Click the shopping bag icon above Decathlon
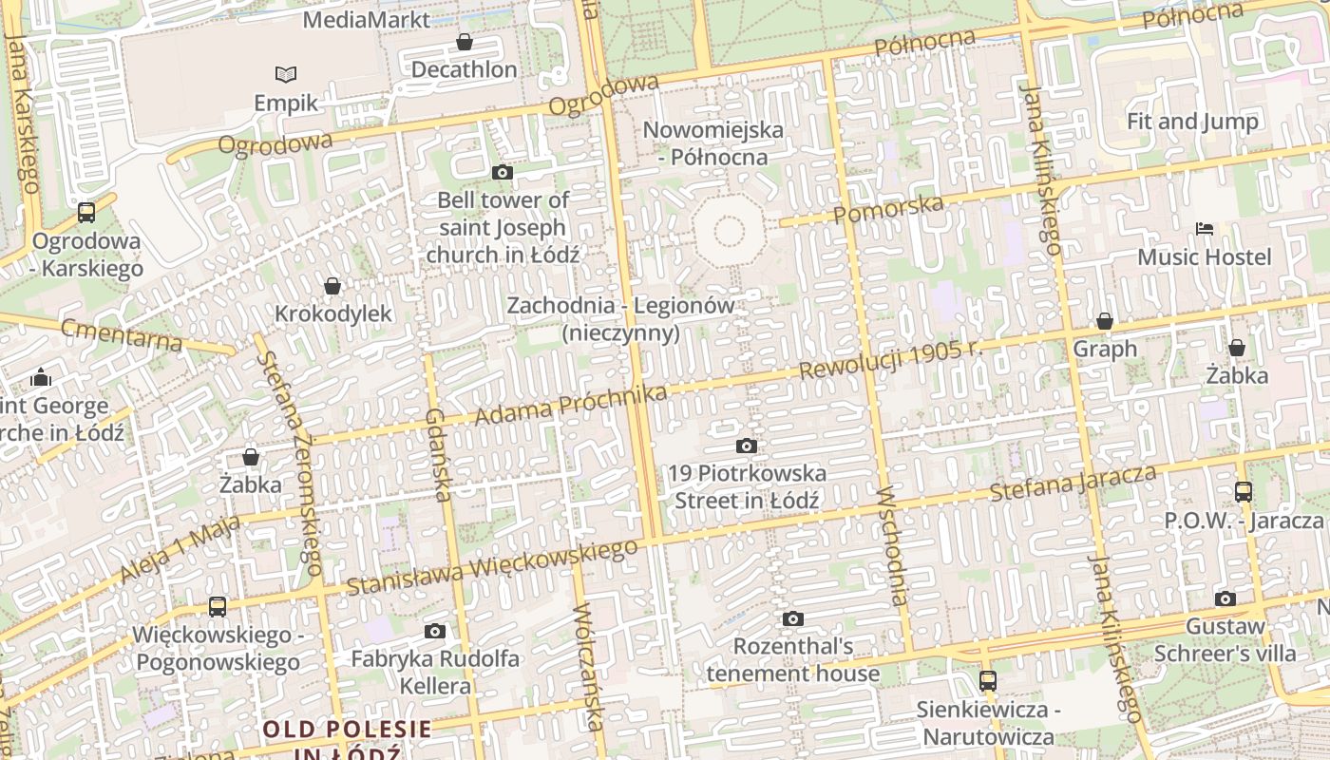tap(465, 43)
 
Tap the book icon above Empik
tap(286, 74)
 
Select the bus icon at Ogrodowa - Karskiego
tap(86, 213)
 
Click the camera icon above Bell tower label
tap(503, 172)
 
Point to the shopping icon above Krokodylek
tap(332, 286)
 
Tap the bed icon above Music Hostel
tap(1205, 229)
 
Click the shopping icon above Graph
tap(1104, 321)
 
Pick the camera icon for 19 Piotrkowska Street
tap(747, 446)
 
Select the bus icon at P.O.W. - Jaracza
tap(1244, 492)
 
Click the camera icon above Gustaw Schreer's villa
tap(1225, 598)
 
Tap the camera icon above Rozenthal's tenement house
tap(793, 619)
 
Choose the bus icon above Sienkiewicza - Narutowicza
tap(988, 681)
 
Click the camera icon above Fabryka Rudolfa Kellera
tap(435, 631)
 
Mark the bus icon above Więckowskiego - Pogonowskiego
tap(218, 606)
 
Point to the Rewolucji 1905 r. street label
tap(890, 359)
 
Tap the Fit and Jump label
tap(1192, 122)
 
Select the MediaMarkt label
tap(367, 19)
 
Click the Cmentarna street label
tap(122, 334)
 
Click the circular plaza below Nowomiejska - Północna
tap(729, 231)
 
